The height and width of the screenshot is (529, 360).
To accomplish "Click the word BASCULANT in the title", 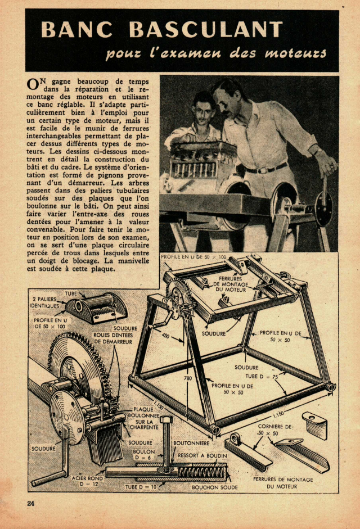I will (x=205, y=29).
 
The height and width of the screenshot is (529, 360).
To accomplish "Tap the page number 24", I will (x=30, y=503).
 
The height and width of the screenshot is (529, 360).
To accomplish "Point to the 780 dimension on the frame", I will (x=188, y=378).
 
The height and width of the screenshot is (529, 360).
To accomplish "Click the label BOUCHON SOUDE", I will (x=214, y=487).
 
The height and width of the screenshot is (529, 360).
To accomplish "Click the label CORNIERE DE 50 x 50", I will (x=276, y=429).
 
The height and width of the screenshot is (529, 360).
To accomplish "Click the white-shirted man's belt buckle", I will (x=260, y=170).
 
